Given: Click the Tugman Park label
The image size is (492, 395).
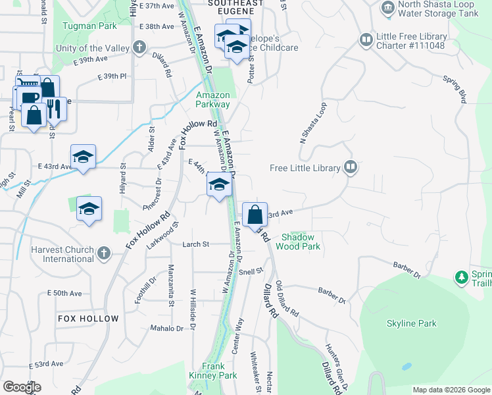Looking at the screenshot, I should pyautogui.click(x=89, y=26).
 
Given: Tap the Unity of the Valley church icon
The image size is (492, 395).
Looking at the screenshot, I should pyautogui.click(x=139, y=47).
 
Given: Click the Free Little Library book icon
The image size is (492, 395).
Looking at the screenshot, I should pyautogui.click(x=351, y=167).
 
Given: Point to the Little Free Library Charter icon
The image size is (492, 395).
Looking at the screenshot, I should pyautogui.click(x=365, y=40).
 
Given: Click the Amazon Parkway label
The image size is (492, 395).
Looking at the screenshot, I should pyautogui.click(x=213, y=99).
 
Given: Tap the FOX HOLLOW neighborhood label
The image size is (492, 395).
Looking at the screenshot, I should pyautogui.click(x=88, y=319).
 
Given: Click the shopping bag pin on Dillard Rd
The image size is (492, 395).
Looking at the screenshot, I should pyautogui.click(x=255, y=215).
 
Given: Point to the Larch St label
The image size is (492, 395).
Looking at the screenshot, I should pyautogui.click(x=196, y=244).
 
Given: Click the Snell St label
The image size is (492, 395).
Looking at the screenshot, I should pyautogui.click(x=251, y=271).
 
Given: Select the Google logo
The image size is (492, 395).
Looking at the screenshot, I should pyautogui.click(x=22, y=387).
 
